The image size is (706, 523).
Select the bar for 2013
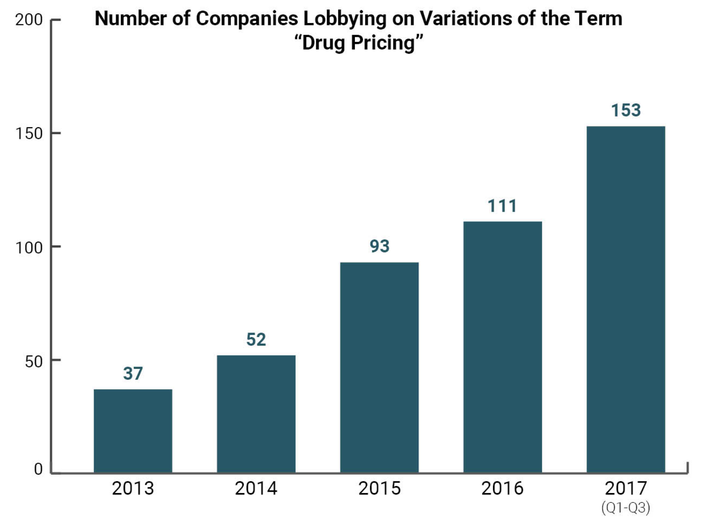[133, 431]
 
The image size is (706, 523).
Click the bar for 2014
[256, 414]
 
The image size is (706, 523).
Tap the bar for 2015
[379, 367]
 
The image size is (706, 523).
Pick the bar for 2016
[502, 347]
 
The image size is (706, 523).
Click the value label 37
[133, 373]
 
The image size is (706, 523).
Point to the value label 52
[256, 339]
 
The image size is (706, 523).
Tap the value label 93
[379, 246]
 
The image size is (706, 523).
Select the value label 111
[502, 206]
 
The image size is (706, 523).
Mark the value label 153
[625, 110]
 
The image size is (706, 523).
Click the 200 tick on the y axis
[29, 20]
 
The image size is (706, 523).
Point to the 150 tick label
[29, 133]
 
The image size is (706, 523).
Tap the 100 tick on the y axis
[29, 247]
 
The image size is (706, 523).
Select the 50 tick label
[33, 361]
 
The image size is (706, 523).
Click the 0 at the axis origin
[38, 469]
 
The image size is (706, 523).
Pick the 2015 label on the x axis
[379, 488]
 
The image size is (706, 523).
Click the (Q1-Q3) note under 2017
[625, 508]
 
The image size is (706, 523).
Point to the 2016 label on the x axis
[502, 488]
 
